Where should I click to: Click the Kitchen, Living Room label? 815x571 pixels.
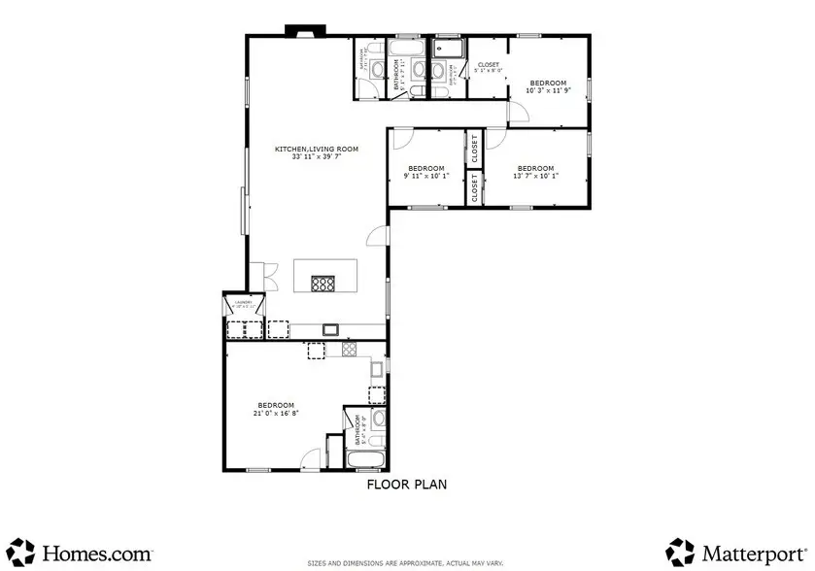tap(317, 150)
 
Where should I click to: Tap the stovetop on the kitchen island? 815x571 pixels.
tap(323, 284)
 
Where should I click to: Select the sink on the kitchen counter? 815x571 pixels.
tap(329, 329)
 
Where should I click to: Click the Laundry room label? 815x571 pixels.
tap(243, 303)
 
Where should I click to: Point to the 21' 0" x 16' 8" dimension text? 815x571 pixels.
tap(277, 412)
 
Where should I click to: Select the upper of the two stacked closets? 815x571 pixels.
tap(474, 150)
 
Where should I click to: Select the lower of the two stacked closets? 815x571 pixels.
tap(474, 188)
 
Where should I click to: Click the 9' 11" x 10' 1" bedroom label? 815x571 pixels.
tap(426, 172)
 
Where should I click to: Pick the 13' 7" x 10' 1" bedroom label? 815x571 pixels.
tap(535, 172)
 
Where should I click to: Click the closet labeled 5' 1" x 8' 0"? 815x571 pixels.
tap(487, 67)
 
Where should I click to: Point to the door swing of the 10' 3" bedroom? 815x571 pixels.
tap(519, 112)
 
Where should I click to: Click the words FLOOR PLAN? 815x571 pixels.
tap(406, 484)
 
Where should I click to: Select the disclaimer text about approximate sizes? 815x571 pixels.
tap(406, 563)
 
